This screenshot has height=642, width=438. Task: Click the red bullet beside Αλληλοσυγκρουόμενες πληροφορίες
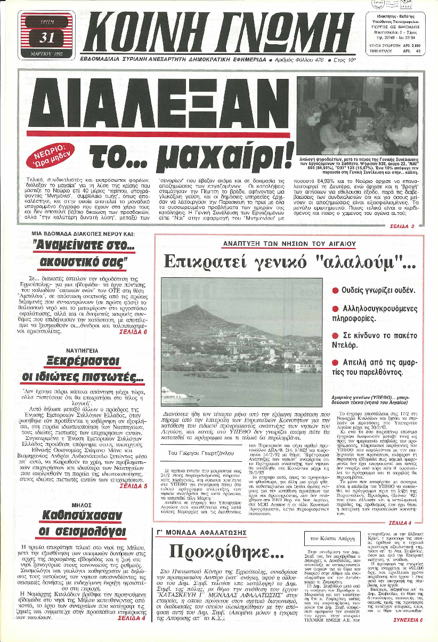coord(335,315)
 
